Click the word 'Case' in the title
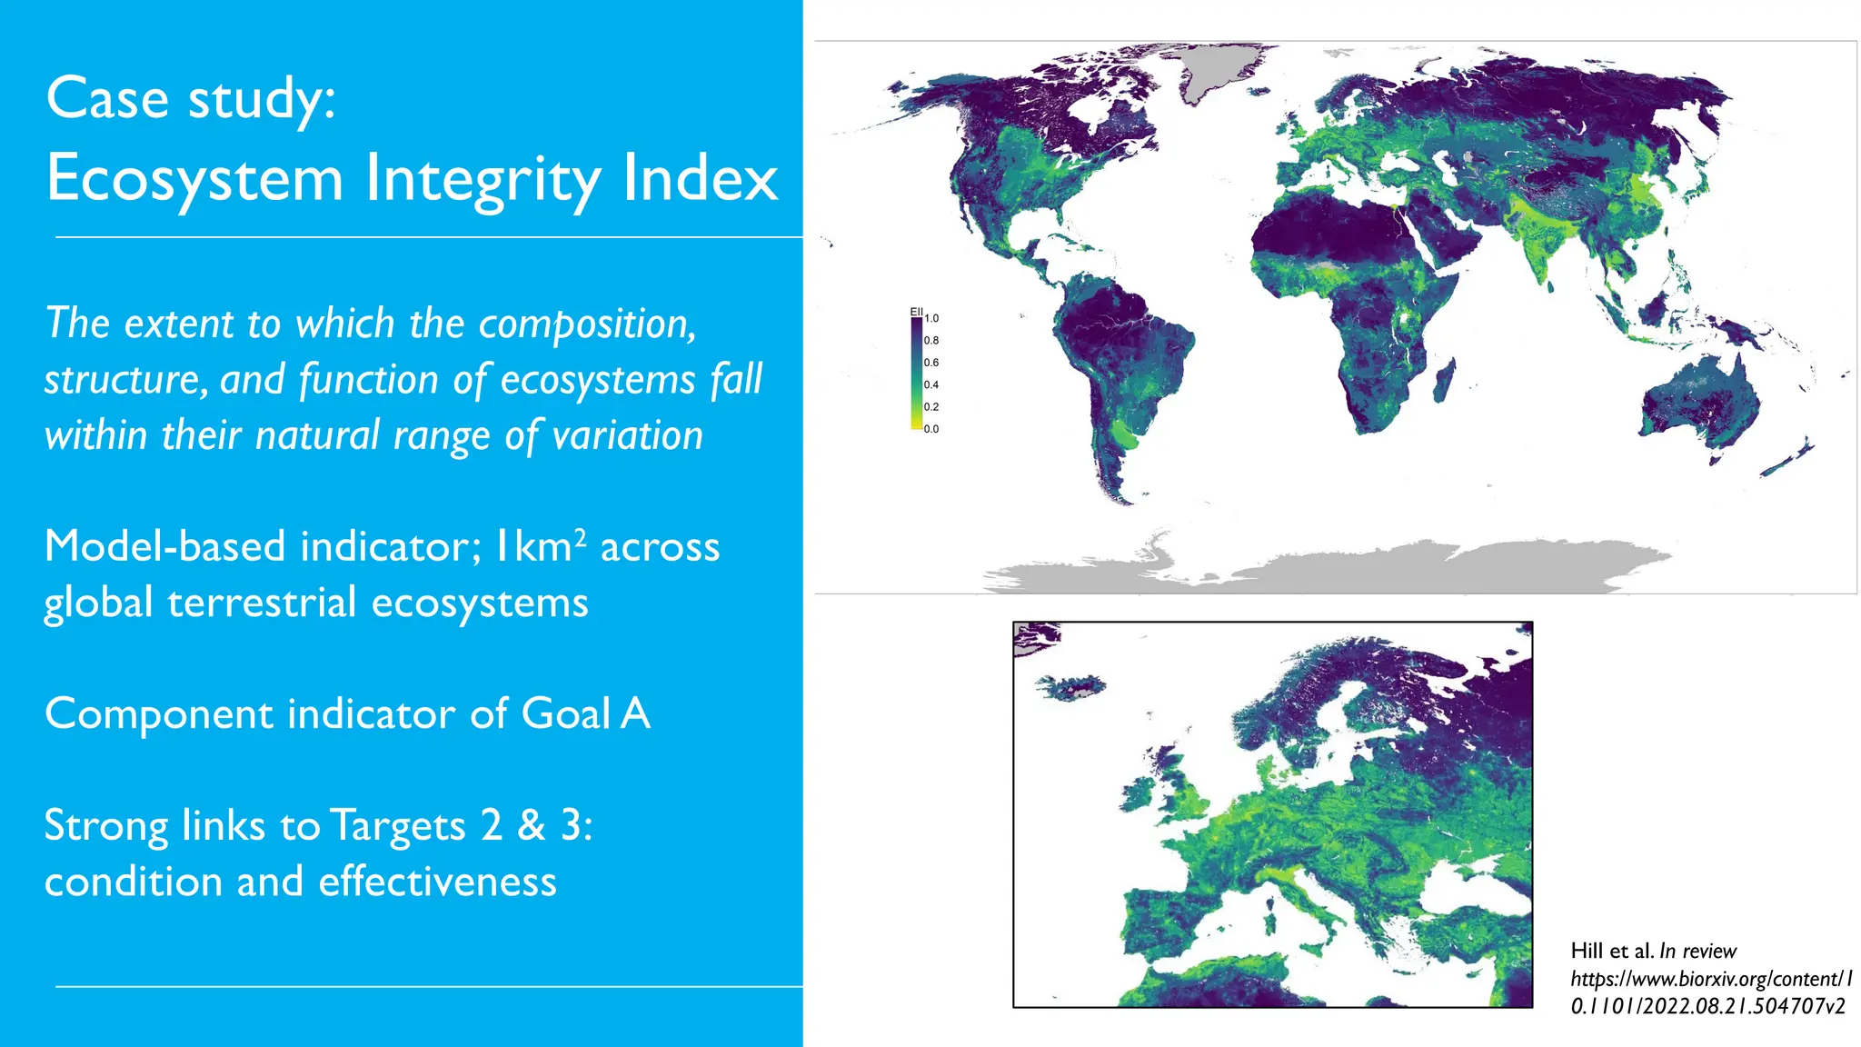pyautogui.click(x=107, y=98)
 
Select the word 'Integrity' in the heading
pyautogui.click(x=483, y=179)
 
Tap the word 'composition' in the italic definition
pyautogui.click(x=587, y=324)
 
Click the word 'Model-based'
pyautogui.click(x=164, y=546)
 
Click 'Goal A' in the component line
pyautogui.click(x=585, y=713)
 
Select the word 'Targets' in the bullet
pyautogui.click(x=397, y=825)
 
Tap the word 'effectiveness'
pyautogui.click(x=437, y=882)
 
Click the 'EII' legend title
pyautogui.click(x=916, y=312)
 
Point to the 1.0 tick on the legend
pyautogui.click(x=931, y=319)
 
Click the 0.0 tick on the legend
pyautogui.click(x=931, y=429)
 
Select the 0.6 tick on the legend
pyautogui.click(x=931, y=363)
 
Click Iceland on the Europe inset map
pyautogui.click(x=1072, y=686)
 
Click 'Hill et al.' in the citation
pyautogui.click(x=1611, y=951)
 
